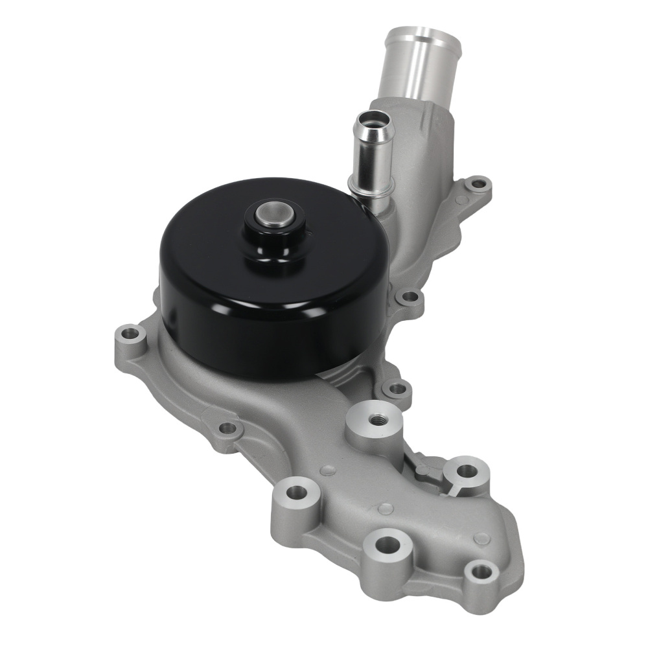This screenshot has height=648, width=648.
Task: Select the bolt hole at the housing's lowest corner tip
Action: tap(480, 572)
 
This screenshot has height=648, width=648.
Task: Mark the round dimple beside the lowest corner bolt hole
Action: tap(481, 538)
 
